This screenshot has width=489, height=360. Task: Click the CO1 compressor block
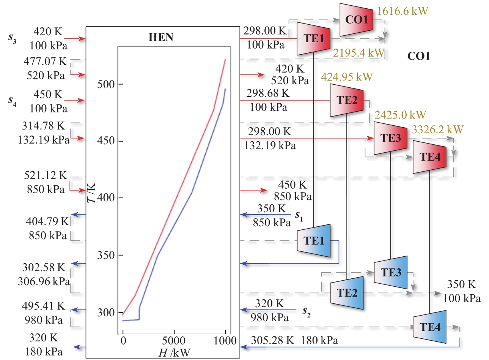tap(356, 20)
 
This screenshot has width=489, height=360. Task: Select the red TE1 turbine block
tap(313, 38)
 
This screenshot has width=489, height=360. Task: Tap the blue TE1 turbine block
tap(313, 240)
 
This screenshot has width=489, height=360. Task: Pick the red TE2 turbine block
tap(346, 100)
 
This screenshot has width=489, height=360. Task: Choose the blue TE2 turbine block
tap(346, 293)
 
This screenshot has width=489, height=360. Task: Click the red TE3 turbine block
tap(390, 138)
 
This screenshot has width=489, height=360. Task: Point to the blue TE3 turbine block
tap(390, 272)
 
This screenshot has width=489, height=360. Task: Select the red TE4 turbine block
tap(429, 157)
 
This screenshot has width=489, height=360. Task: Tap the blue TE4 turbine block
tap(429, 327)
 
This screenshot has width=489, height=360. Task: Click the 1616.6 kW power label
tap(402, 11)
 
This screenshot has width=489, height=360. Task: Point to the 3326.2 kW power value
tap(437, 129)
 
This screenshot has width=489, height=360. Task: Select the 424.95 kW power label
tap(347, 77)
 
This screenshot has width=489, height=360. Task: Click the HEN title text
tap(161, 37)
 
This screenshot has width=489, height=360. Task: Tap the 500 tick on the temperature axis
tap(106, 84)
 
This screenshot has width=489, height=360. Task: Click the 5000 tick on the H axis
tap(174, 340)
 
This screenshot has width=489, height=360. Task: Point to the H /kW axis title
tap(174, 353)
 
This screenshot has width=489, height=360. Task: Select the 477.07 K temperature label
tap(45, 61)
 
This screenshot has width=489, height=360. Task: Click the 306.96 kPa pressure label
tap(44, 281)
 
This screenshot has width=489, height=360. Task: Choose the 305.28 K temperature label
tap(272, 340)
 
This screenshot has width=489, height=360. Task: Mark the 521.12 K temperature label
tap(45, 175)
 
